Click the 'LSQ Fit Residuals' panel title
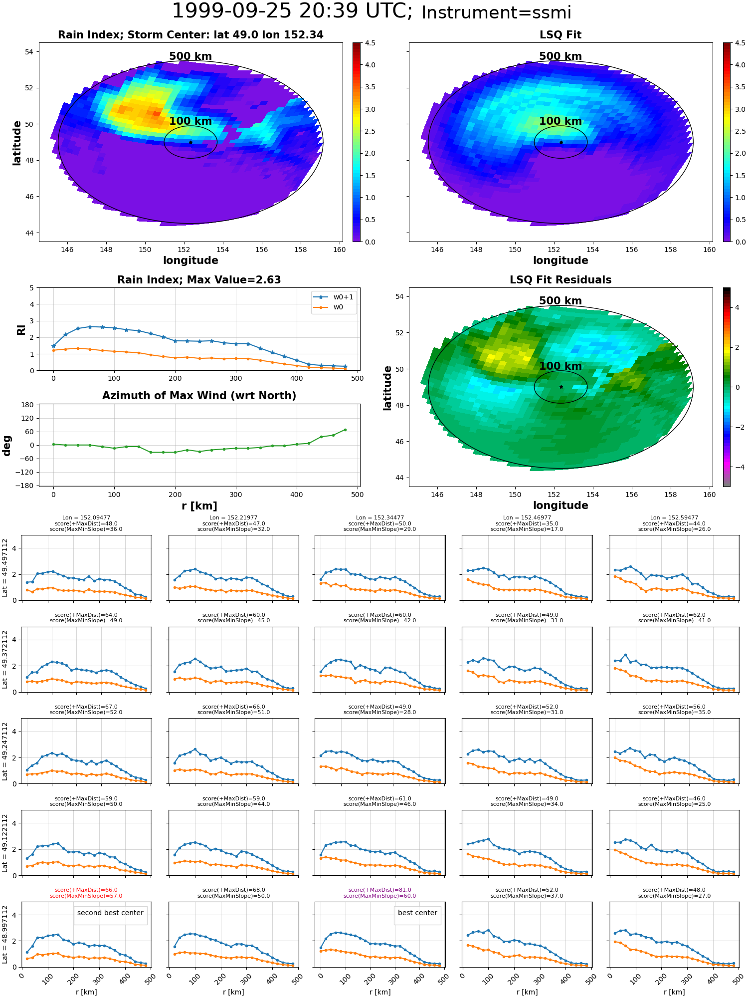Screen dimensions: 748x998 pyautogui.click(x=561, y=280)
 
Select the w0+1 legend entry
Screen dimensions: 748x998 pyautogui.click(x=334, y=297)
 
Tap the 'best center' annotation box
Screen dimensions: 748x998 pyautogui.click(x=417, y=913)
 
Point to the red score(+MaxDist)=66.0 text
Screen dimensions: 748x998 pyautogui.click(x=86, y=890)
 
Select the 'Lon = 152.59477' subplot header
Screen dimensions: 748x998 pyautogui.click(x=674, y=518)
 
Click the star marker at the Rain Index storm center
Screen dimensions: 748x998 pyautogui.click(x=190, y=142)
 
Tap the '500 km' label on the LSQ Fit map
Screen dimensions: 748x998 pyautogui.click(x=561, y=56)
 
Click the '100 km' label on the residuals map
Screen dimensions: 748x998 pyautogui.click(x=561, y=366)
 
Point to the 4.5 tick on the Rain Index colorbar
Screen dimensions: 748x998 pyautogui.click(x=370, y=43)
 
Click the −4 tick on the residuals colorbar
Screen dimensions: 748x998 pyautogui.click(x=737, y=467)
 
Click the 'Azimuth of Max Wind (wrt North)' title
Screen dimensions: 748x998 pyautogui.click(x=199, y=396)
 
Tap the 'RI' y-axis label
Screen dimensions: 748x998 pyautogui.click(x=21, y=330)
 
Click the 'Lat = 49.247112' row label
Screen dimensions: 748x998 pyautogui.click(x=5, y=751)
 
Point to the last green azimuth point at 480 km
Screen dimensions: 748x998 pyautogui.click(x=345, y=430)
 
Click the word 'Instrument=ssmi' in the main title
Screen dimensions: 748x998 pyautogui.click(x=496, y=12)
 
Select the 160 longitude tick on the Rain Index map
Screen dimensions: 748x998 pyautogui.click(x=339, y=249)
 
